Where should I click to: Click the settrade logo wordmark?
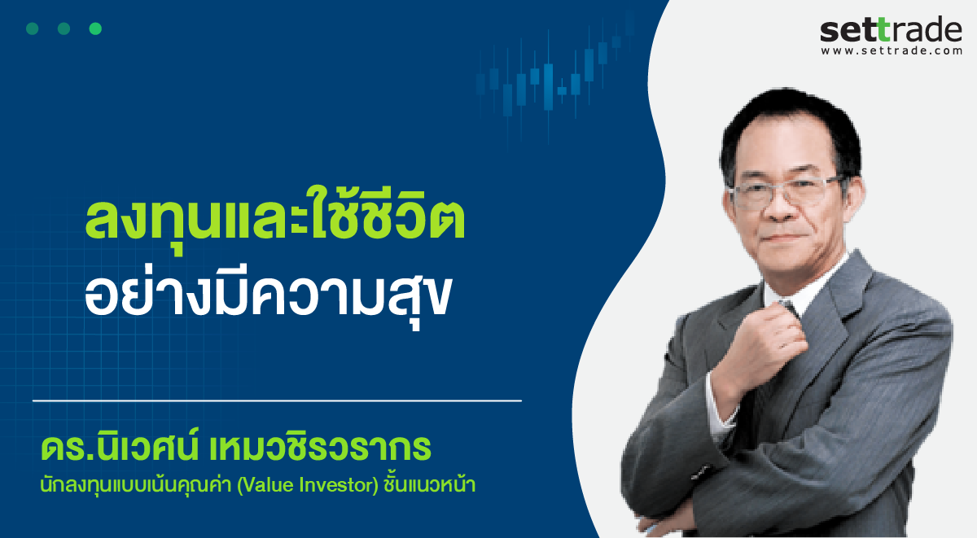click(x=891, y=29)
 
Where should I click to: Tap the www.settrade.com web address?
click(x=892, y=51)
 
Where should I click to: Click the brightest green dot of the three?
click(x=95, y=28)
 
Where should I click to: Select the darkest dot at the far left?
click(x=33, y=28)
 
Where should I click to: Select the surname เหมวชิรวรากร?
click(x=320, y=448)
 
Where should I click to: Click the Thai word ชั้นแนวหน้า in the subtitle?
click(x=430, y=484)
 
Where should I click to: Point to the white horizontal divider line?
click(x=277, y=400)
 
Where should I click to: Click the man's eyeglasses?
click(x=787, y=192)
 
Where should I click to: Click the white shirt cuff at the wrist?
click(x=719, y=410)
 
